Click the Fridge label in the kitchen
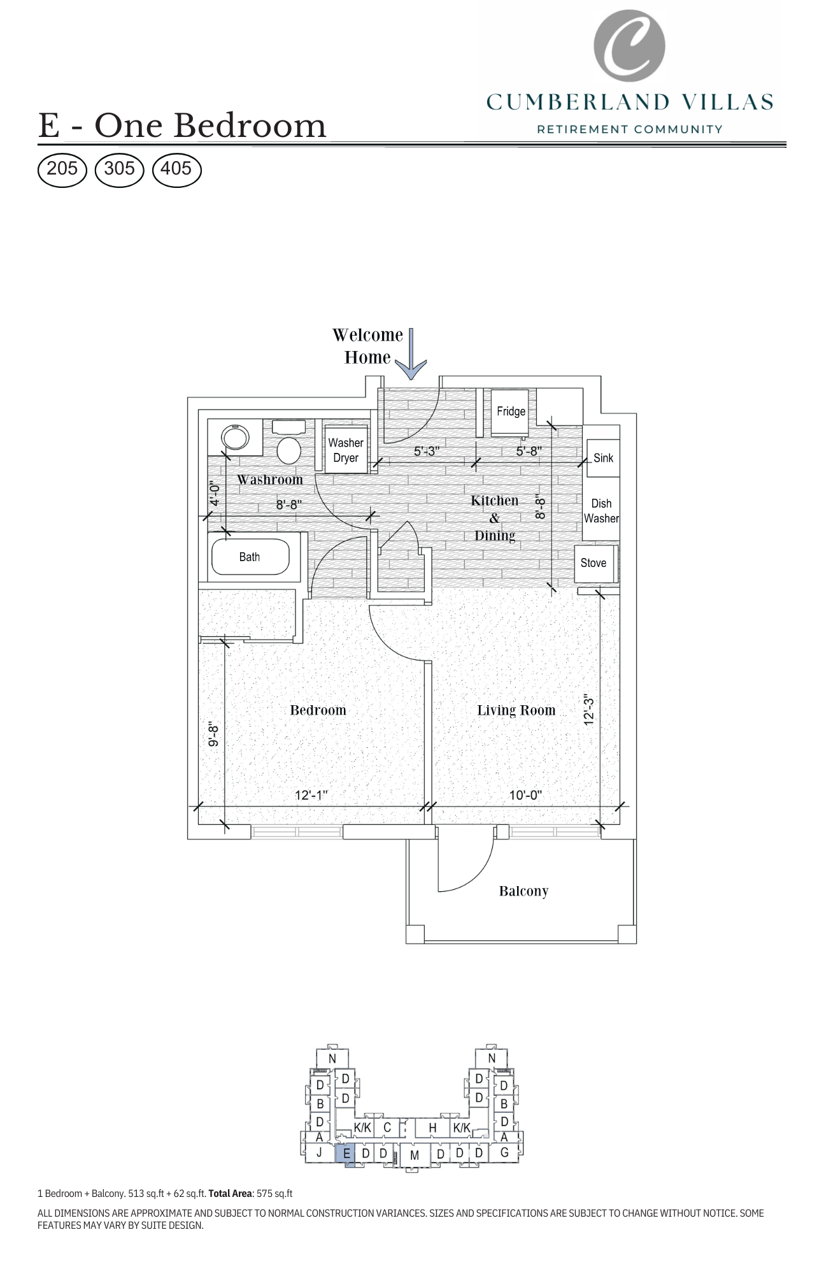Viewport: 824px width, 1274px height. coord(511,412)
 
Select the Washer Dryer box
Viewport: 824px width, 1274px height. coord(346,450)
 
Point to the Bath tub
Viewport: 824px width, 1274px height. coord(250,557)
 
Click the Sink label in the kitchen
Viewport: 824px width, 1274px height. coord(603,458)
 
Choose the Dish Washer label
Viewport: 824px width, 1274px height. coord(601,511)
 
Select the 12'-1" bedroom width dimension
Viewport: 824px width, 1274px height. coord(311,795)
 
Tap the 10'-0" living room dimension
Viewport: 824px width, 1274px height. coord(525,795)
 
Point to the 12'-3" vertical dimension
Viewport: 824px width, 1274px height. coord(589,710)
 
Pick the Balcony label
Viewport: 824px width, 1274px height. coord(523,891)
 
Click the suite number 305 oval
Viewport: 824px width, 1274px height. coord(120,169)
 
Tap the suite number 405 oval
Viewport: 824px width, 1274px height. coord(176,169)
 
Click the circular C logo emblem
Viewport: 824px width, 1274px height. coord(629,46)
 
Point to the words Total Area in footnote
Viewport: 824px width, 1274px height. coord(229,1194)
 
